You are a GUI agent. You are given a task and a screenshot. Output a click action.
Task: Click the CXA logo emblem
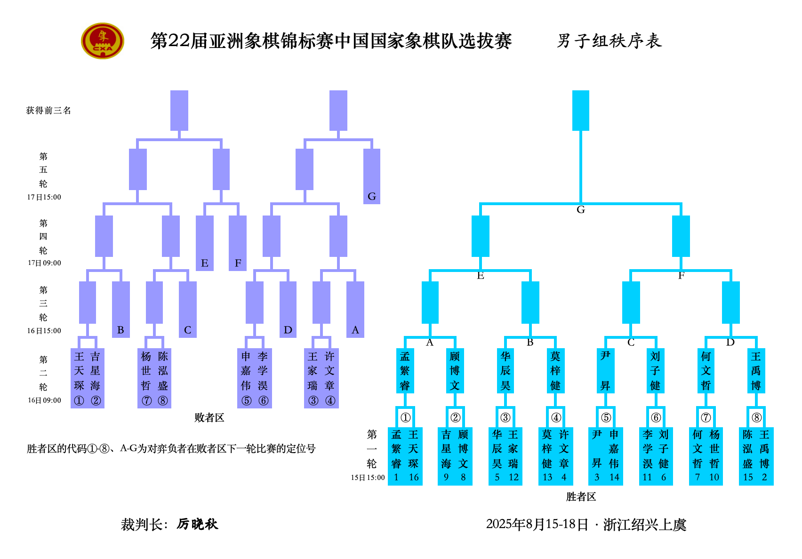(103, 41)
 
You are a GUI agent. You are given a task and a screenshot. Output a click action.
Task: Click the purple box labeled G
(371, 176)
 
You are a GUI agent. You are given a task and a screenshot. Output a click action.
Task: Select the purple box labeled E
(205, 243)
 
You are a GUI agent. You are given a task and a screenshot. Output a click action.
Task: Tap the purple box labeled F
(238, 243)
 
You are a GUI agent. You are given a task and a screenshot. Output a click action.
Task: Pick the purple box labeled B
(120, 309)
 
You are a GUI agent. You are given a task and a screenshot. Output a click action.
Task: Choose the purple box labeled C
(187, 309)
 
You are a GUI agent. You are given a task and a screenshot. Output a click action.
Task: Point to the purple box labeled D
(288, 309)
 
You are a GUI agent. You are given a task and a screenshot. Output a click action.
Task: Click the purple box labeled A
(355, 309)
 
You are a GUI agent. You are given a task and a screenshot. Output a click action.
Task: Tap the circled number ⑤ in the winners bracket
(606, 417)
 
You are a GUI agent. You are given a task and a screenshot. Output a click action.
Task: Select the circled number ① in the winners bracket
(405, 417)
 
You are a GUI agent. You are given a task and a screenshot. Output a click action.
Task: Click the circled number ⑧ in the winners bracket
(756, 417)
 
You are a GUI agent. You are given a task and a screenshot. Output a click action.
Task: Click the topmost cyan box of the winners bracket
(580, 111)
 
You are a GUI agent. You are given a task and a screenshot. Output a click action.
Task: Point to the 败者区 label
(209, 417)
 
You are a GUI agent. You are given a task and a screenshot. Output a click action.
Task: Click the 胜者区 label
(581, 496)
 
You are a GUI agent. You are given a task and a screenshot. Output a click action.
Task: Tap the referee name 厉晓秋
(197, 524)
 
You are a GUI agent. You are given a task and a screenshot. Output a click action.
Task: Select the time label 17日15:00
(44, 197)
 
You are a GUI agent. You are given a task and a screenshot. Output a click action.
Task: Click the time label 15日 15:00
(368, 478)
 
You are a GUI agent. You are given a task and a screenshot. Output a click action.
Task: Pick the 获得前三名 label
(48, 111)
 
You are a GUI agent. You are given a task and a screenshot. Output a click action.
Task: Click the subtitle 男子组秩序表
(609, 41)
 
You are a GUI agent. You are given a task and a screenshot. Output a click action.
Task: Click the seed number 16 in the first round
(414, 477)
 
